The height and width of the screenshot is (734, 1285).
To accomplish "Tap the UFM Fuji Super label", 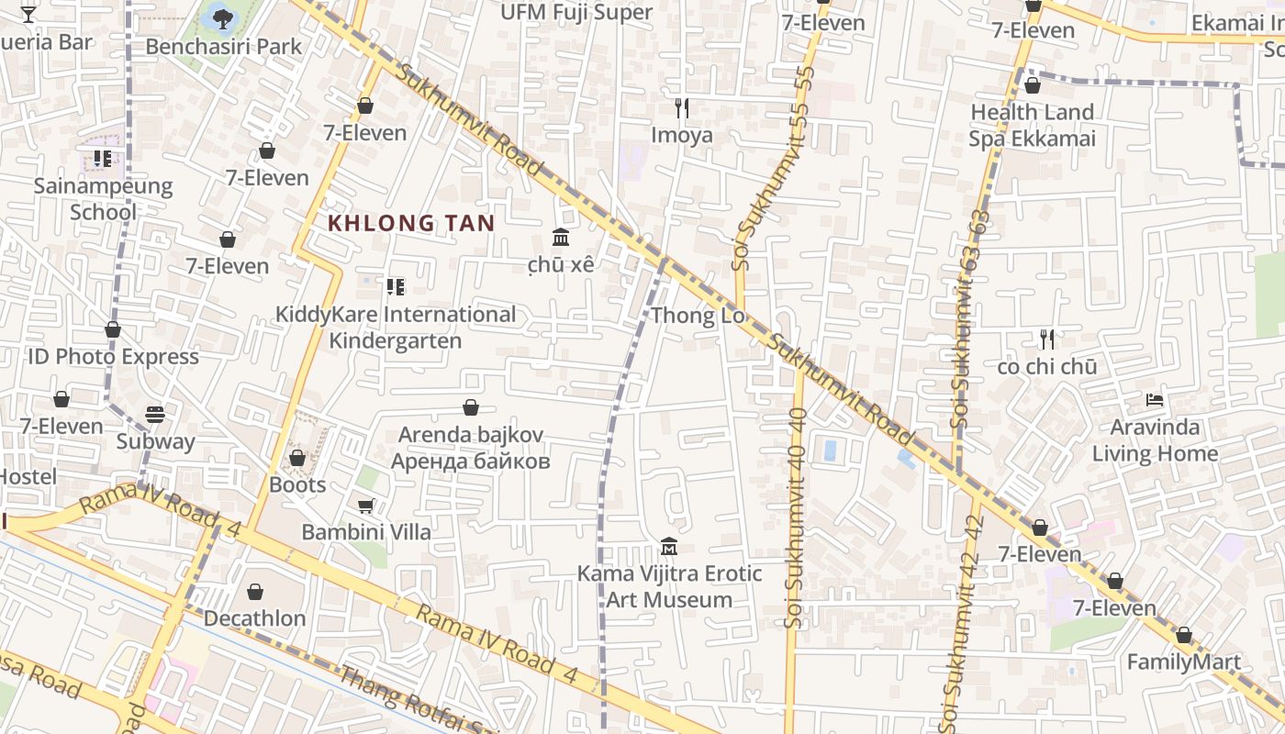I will tap(576, 13).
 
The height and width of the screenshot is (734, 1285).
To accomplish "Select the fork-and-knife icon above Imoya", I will tap(681, 108).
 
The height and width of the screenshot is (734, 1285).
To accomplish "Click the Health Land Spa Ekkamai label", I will tap(1033, 126).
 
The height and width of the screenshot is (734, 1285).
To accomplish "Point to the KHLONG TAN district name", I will tap(411, 223).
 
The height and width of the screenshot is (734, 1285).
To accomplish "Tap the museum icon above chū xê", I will tap(560, 238).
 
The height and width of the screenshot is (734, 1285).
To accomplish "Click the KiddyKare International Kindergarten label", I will tap(396, 328).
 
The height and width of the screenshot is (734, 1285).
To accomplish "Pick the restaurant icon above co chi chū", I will tap(1046, 339).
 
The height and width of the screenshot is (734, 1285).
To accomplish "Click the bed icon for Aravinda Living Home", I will tap(1155, 400).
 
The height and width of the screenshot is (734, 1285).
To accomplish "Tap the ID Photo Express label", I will tap(113, 357).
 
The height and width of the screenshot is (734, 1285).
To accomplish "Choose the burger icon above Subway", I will tap(155, 415).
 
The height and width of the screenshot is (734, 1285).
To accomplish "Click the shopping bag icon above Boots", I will tap(296, 457).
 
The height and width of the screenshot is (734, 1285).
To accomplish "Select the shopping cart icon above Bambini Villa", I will tap(365, 506).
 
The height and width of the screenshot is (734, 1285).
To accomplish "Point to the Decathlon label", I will tap(254, 618).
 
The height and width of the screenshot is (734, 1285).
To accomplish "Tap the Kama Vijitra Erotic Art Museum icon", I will tap(669, 547).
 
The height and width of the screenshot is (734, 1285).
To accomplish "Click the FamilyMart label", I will tap(1183, 662).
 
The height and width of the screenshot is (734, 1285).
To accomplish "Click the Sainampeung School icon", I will tap(103, 159).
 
